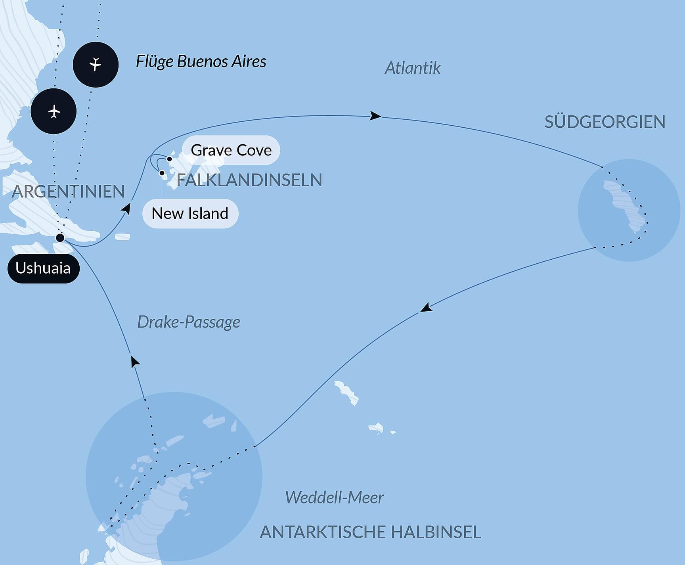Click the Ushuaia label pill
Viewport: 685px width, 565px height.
click(43, 268)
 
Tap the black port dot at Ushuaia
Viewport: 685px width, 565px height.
click(60, 238)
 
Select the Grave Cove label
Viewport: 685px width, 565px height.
click(231, 150)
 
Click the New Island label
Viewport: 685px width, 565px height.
click(190, 214)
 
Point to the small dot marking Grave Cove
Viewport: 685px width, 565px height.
click(169, 159)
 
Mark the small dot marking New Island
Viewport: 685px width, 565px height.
click(162, 173)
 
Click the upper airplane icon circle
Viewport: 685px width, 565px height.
click(96, 65)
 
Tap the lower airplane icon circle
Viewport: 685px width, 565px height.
click(54, 111)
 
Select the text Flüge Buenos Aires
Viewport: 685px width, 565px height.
click(201, 62)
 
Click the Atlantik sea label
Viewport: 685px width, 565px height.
click(412, 68)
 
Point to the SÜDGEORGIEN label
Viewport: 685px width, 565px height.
click(605, 122)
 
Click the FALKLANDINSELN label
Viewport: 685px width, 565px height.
click(249, 180)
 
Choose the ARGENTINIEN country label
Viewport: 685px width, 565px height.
click(68, 192)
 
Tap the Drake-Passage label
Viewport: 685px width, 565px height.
click(188, 322)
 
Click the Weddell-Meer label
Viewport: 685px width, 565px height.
click(334, 498)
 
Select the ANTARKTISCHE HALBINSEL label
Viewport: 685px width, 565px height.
click(370, 532)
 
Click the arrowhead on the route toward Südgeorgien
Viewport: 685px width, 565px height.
click(375, 116)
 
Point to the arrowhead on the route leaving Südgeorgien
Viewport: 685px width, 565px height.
click(426, 308)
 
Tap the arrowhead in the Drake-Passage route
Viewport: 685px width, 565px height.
click(135, 361)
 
